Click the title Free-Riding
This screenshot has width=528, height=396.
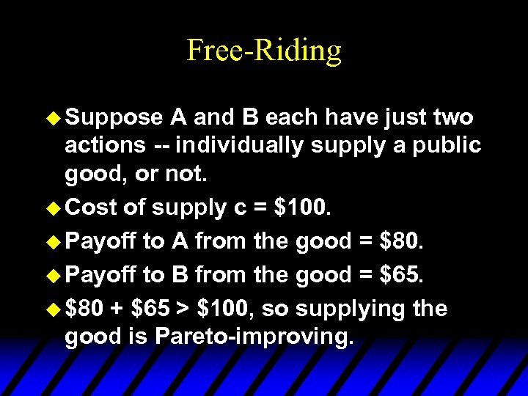point(264,51)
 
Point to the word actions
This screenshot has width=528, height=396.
point(105,145)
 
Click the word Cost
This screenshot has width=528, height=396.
point(91,208)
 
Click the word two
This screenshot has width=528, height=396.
point(454,117)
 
